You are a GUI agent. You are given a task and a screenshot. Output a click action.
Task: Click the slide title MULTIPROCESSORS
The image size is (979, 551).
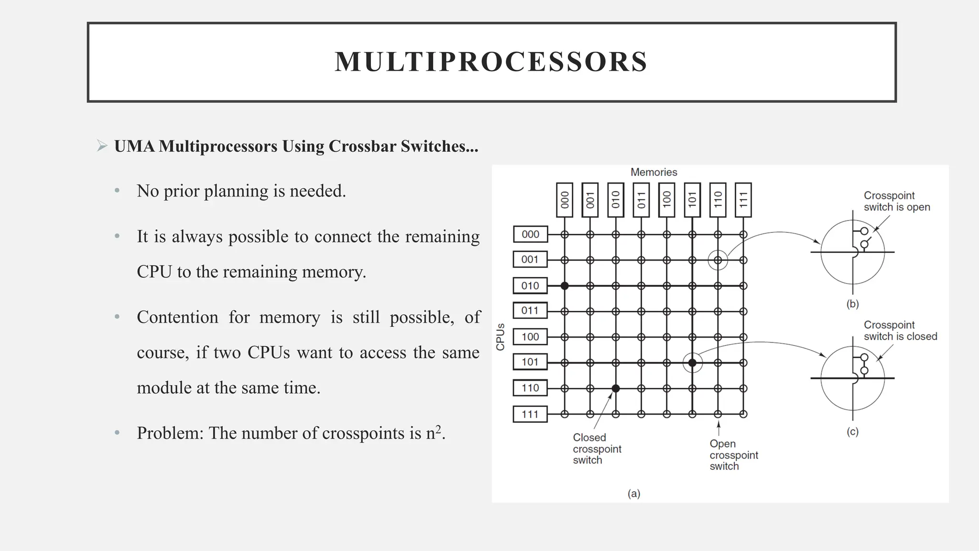491,62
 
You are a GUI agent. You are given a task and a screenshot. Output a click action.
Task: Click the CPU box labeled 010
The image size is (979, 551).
530,286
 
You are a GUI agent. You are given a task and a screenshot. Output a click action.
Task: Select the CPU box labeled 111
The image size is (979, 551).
530,414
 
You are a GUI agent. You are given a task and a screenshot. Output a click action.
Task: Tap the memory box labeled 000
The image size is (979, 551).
565,199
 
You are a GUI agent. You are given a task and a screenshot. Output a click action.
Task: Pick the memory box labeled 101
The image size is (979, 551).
692,199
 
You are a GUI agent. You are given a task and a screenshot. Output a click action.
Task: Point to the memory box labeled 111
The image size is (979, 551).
743,199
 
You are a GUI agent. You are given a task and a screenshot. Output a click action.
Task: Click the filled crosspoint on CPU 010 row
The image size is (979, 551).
565,286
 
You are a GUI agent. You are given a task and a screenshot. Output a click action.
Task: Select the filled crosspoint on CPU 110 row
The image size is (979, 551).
616,388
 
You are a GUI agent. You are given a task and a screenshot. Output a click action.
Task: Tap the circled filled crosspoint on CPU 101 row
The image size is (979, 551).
692,363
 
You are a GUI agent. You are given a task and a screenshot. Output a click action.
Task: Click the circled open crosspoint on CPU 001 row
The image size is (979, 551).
718,260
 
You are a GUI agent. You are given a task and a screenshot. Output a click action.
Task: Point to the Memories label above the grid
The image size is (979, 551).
653,172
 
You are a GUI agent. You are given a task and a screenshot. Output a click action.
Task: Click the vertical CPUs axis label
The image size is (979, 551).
500,337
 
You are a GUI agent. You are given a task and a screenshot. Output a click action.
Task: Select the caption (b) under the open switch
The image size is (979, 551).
852,304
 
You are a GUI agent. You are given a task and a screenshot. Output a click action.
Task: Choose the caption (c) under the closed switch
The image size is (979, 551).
852,431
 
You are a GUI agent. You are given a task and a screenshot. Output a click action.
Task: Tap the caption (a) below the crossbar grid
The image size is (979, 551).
634,494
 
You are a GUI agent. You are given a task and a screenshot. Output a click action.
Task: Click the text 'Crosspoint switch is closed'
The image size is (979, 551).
900,331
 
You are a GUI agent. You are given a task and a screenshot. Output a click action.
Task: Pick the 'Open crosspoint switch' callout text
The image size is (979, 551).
733,455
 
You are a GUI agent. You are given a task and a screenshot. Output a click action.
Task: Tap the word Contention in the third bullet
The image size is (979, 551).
177,318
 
